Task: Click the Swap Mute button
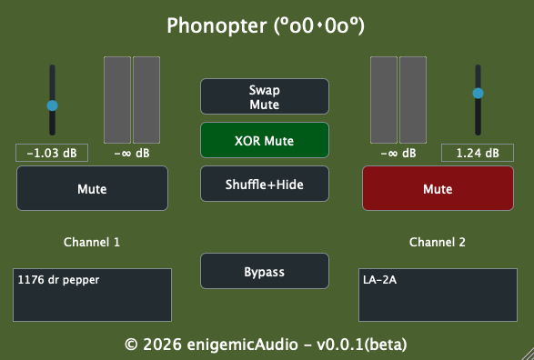pyautogui.click(x=265, y=96)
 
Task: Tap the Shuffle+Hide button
pyautogui.click(x=265, y=184)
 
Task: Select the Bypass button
pyautogui.click(x=265, y=271)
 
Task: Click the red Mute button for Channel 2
pyautogui.click(x=438, y=188)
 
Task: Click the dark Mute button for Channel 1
pyautogui.click(x=92, y=188)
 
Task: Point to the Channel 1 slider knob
pyautogui.click(x=52, y=105)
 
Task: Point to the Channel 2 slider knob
pyautogui.click(x=478, y=94)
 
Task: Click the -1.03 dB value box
pyautogui.click(x=52, y=153)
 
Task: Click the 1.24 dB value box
pyautogui.click(x=478, y=153)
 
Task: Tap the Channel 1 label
pyautogui.click(x=92, y=242)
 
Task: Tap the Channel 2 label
pyautogui.click(x=438, y=242)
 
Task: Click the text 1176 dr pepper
pyautogui.click(x=58, y=280)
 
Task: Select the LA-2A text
pyautogui.click(x=379, y=280)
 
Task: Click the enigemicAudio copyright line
pyautogui.click(x=266, y=345)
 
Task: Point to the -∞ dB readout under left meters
pyautogui.click(x=132, y=153)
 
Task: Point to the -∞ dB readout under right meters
pyautogui.click(x=398, y=153)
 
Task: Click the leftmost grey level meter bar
pyautogui.click(x=117, y=100)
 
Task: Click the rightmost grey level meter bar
pyautogui.click(x=413, y=100)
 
